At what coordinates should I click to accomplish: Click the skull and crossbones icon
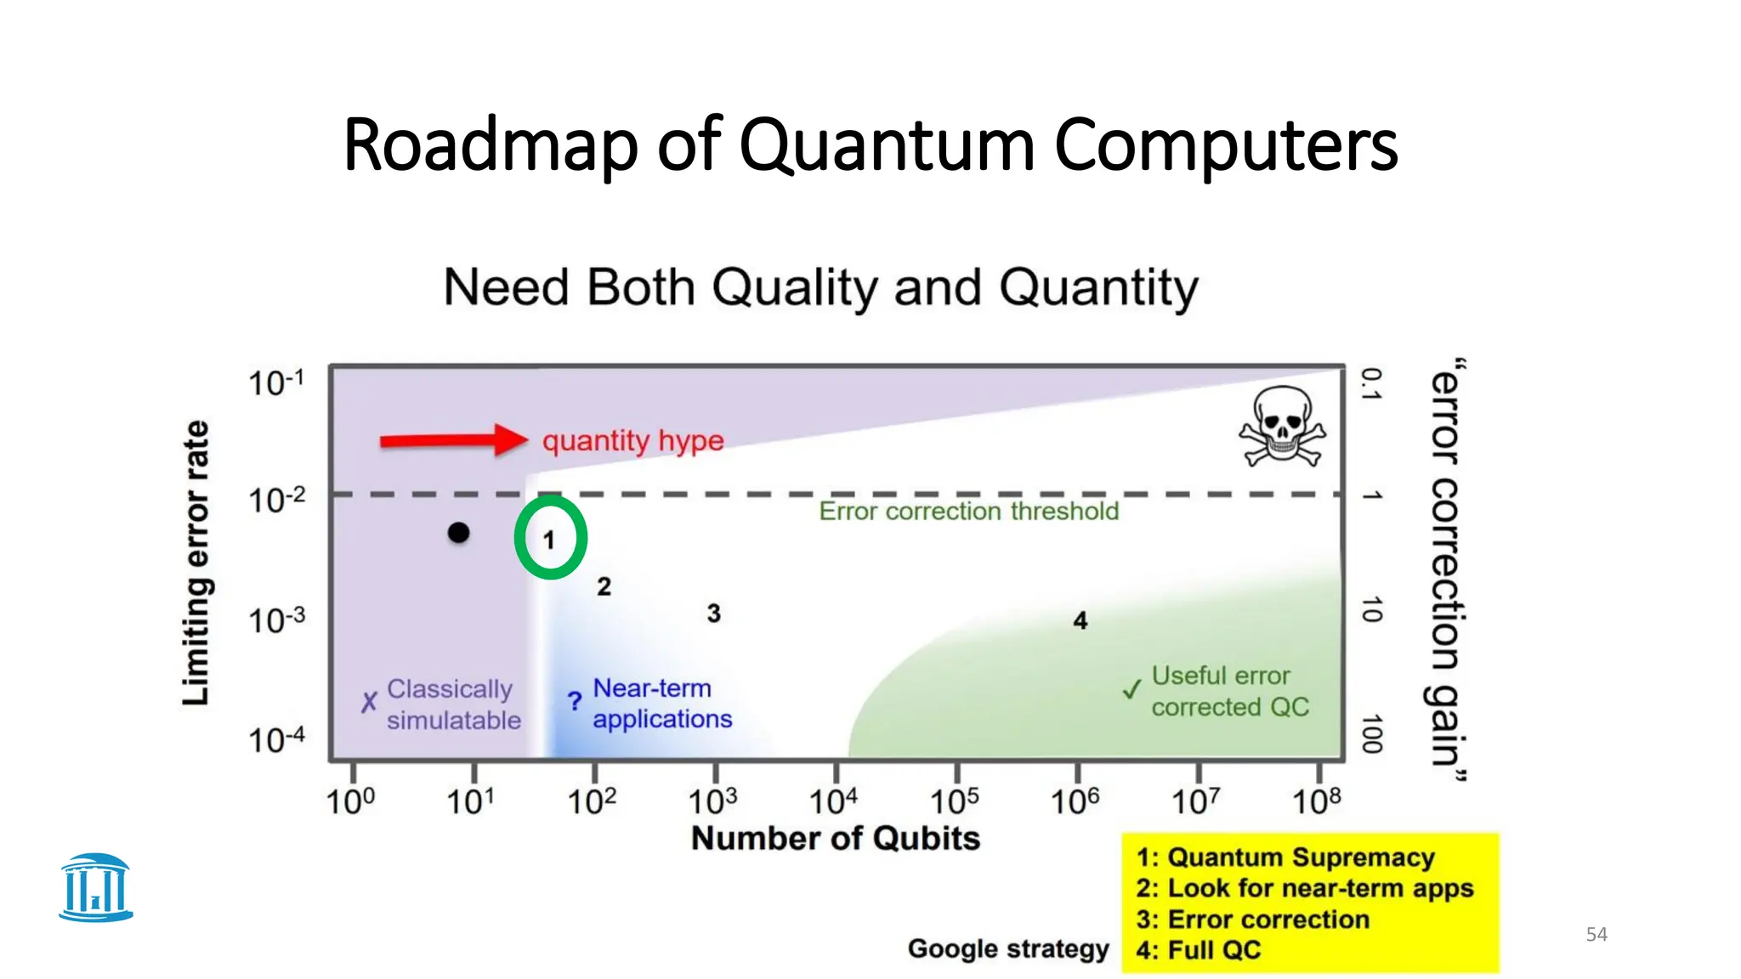[x=1282, y=427]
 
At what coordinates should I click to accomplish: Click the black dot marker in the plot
[x=458, y=533]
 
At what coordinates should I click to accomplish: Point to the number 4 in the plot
[x=1080, y=621]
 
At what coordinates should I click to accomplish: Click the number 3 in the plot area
[x=714, y=614]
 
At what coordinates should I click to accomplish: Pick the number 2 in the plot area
[x=604, y=586]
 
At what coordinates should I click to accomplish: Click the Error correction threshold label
[x=968, y=512]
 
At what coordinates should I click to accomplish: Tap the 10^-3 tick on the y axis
[x=276, y=620]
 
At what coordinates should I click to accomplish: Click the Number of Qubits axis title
[x=836, y=839]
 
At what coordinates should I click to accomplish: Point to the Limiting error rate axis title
[x=196, y=563]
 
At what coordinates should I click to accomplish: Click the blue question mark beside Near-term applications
[x=575, y=702]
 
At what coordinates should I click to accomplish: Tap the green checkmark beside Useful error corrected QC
[x=1131, y=689]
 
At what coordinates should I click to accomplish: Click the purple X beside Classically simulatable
[x=369, y=703]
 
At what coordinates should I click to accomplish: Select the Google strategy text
[x=1008, y=948]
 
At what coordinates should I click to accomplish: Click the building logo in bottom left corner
[x=96, y=888]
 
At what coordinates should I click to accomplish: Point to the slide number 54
[x=1596, y=935]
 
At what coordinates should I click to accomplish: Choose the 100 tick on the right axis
[x=1371, y=734]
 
